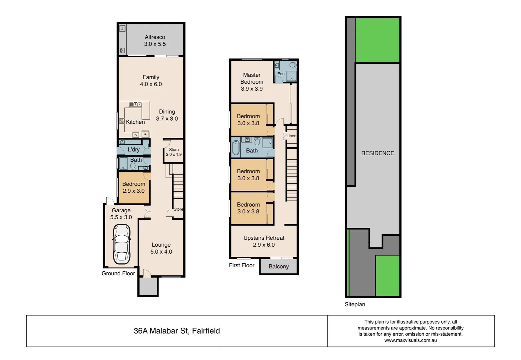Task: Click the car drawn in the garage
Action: (122, 244)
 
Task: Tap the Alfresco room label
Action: (155, 40)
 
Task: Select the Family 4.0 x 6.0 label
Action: (151, 81)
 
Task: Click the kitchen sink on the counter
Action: (135, 104)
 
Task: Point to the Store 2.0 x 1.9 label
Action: (174, 152)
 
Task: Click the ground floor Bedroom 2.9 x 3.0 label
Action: (134, 187)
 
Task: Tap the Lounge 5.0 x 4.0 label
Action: (161, 248)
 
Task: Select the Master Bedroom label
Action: (252, 82)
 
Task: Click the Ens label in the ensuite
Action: (281, 74)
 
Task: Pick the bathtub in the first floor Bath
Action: (236, 147)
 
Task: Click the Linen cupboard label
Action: (291, 136)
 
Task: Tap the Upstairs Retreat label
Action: (264, 241)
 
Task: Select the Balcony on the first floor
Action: (278, 267)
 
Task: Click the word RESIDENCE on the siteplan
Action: (377, 153)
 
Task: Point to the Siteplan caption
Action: (355, 304)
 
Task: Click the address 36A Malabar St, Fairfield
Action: (177, 331)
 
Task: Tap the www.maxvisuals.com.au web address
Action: (410, 340)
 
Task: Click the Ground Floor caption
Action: (118, 273)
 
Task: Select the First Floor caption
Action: (242, 265)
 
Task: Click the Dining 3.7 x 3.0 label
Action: (167, 115)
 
